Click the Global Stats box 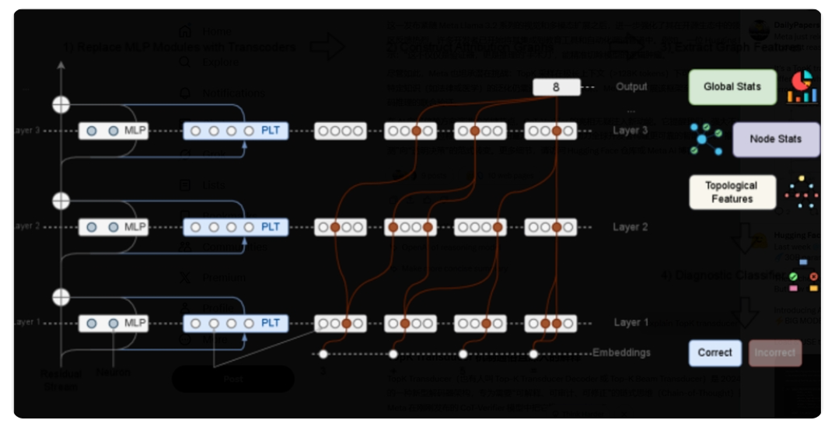point(732,87)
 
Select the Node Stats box point(775,139)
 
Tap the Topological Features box point(732,192)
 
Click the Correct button point(714,352)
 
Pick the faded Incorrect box point(774,352)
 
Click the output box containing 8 point(556,87)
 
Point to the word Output point(631,87)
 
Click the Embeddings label point(621,352)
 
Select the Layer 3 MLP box point(114,131)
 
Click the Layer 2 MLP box point(114,227)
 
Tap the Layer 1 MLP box point(114,323)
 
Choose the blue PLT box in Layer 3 point(236,131)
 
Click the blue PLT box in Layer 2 point(236,227)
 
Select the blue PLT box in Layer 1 point(236,323)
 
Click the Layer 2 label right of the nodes point(631,227)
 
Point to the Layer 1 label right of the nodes point(631,323)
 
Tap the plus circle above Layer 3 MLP point(61,104)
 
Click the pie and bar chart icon point(802,86)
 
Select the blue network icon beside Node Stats point(706,138)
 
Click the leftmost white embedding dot point(323,355)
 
